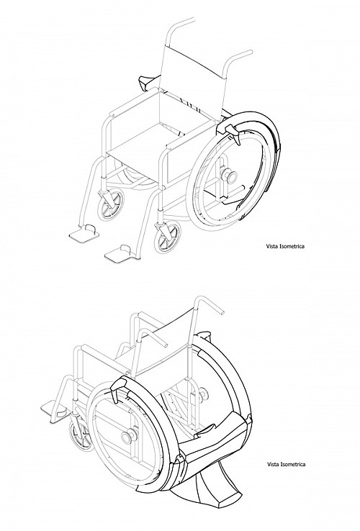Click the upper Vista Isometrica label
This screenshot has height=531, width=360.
pyautogui.click(x=284, y=246)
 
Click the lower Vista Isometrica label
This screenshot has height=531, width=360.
pyautogui.click(x=286, y=464)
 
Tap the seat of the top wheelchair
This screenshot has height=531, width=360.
pyautogui.click(x=142, y=135)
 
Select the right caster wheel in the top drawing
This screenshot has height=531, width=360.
pyautogui.click(x=167, y=237)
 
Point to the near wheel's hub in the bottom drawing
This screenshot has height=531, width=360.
pyautogui.click(x=130, y=436)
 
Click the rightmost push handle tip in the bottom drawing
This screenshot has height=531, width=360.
pyautogui.click(x=222, y=312)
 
